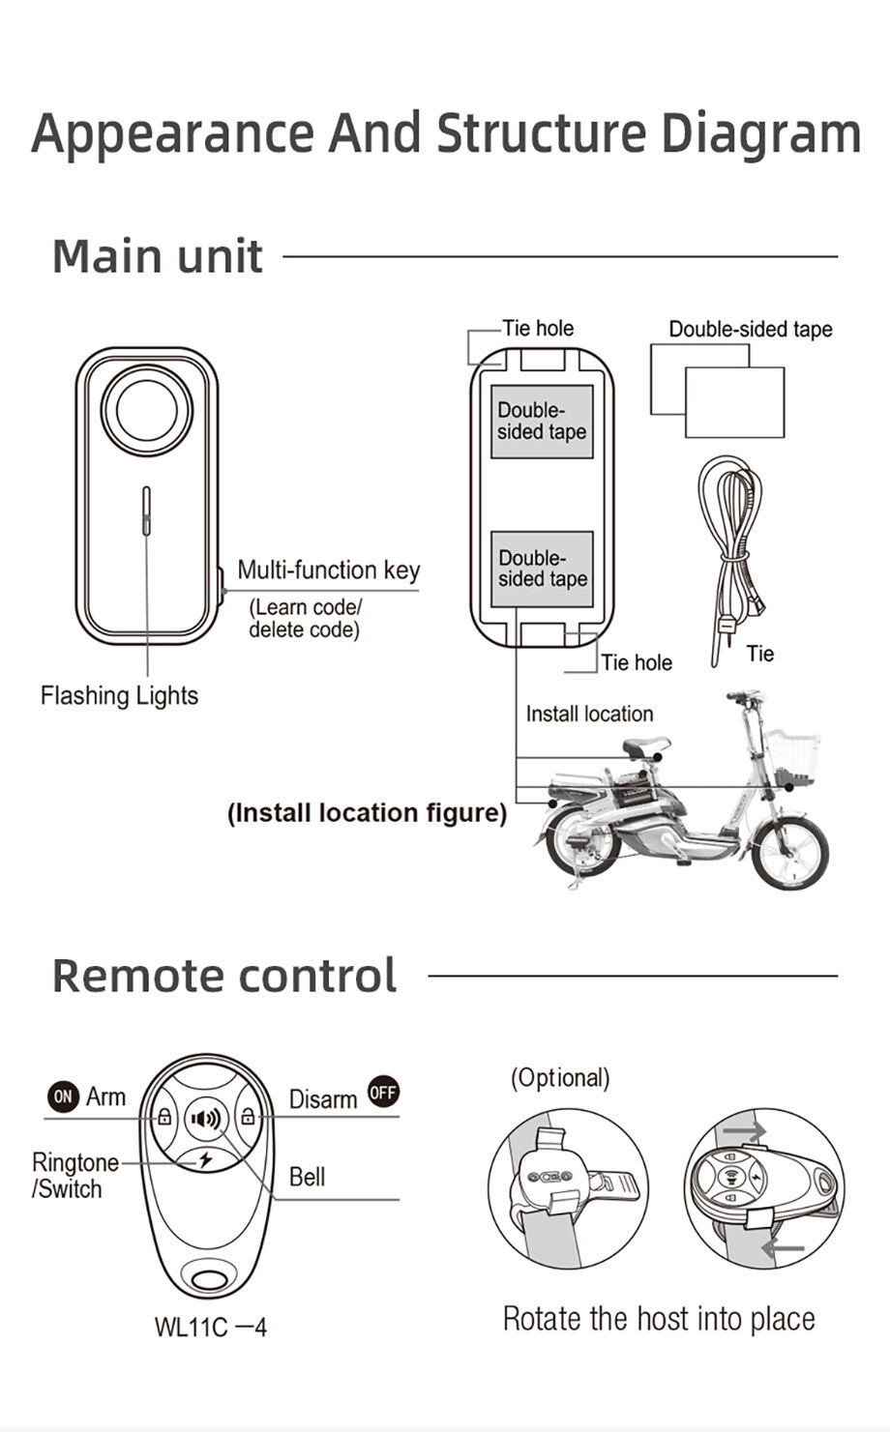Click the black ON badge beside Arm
[63, 1096]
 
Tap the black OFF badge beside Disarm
[383, 1092]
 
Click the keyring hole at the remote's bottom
[209, 1278]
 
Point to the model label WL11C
[191, 1327]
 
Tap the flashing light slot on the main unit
[146, 511]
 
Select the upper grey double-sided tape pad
[542, 422]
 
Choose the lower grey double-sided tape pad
[542, 569]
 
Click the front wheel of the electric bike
[789, 854]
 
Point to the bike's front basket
[790, 758]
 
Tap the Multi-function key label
[329, 570]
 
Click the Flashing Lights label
[120, 695]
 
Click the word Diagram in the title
[760, 134]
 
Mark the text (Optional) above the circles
[560, 1078]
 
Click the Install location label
[589, 714]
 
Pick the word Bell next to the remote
[307, 1177]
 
